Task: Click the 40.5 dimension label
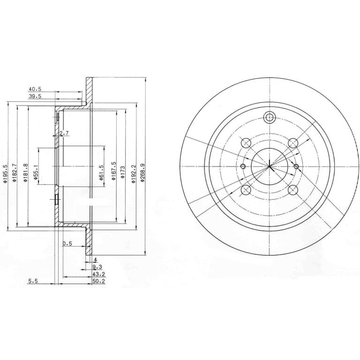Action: click(35, 89)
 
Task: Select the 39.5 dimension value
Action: click(35, 97)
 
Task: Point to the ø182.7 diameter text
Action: click(15, 172)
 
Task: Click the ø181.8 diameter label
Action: click(25, 172)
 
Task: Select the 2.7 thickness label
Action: click(64, 133)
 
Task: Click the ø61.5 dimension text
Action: click(101, 172)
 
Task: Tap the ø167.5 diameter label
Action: click(113, 170)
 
